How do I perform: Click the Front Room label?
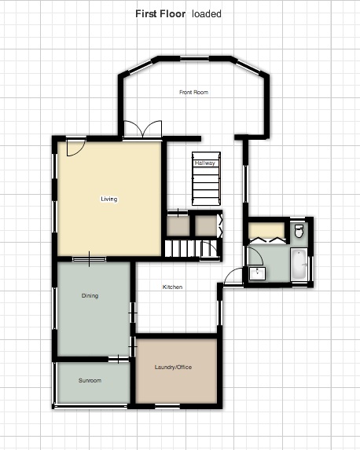click(193, 92)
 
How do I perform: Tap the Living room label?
click(109, 199)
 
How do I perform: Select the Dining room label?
click(90, 295)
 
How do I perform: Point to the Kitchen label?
click(172, 287)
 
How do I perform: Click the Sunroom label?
click(90, 380)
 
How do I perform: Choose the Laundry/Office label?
click(173, 367)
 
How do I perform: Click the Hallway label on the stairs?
click(205, 163)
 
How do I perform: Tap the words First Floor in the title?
click(160, 14)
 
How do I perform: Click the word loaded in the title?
click(207, 14)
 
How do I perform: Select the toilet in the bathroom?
click(299, 232)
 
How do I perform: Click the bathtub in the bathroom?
click(299, 265)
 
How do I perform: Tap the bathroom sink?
click(257, 273)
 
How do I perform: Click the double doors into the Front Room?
click(142, 130)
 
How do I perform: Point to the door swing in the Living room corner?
click(76, 148)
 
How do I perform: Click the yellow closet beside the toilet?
click(267, 230)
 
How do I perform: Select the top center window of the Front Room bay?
click(194, 59)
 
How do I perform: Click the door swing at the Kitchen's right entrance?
click(233, 276)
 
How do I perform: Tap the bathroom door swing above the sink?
click(255, 256)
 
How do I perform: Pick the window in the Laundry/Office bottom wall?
click(167, 406)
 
